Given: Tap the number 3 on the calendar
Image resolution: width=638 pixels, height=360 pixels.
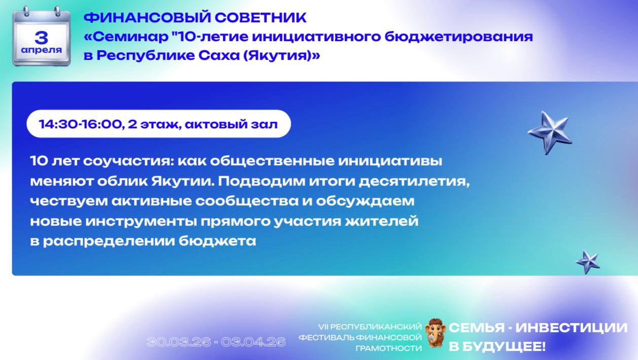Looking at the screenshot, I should (42, 37).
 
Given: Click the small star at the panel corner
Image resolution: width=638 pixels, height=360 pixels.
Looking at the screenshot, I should (588, 262).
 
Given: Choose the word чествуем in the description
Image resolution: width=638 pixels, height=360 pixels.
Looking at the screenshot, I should (62, 201).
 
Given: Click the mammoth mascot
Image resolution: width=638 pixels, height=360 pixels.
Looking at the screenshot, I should (435, 333).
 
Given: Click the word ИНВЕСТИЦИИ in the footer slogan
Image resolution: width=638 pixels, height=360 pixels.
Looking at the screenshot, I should (571, 328).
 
